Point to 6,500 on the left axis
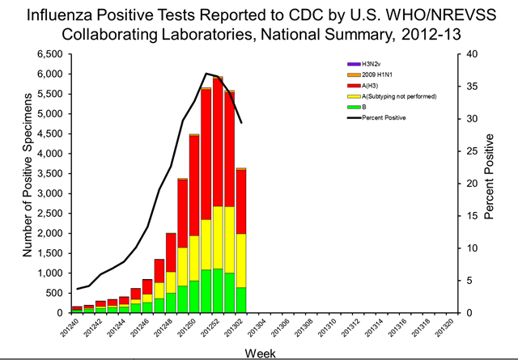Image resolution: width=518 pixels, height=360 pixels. pyautogui.click(x=47, y=54)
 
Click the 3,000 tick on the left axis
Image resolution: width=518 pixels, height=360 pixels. pyautogui.click(x=47, y=193)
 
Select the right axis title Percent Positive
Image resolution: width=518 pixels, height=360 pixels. pyautogui.click(x=490, y=183)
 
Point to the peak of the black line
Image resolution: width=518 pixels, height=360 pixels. pyautogui.click(x=206, y=74)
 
